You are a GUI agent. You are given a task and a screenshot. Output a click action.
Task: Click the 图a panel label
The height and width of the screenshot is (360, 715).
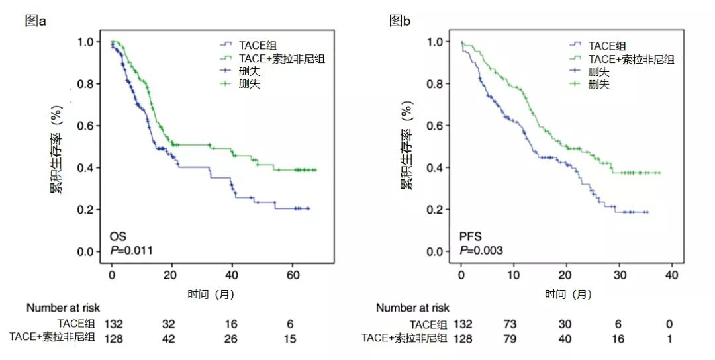(35, 21)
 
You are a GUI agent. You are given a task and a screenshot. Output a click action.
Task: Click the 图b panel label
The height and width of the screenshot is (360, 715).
(399, 21)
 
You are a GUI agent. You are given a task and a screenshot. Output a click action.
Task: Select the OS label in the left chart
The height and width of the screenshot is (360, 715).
(118, 236)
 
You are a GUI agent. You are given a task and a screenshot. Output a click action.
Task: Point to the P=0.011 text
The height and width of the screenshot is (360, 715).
(132, 250)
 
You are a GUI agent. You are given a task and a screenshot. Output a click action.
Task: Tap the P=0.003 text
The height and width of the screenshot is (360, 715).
(481, 250)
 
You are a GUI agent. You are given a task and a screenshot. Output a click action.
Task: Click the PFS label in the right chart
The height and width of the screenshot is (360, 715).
(471, 236)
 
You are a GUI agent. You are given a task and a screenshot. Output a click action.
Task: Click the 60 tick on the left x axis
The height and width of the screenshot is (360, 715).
(293, 274)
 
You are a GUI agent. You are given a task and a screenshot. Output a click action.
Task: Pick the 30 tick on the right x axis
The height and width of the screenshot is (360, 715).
(619, 274)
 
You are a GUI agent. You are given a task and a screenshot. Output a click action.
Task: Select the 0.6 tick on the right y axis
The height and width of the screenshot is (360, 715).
(436, 126)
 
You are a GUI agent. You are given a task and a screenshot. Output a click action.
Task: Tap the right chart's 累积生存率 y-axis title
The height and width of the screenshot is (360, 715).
(406, 146)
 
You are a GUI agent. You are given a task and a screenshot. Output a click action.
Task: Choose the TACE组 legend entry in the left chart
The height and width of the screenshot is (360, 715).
(259, 46)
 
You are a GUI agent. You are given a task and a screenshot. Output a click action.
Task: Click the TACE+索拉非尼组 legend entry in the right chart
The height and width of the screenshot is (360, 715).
(631, 59)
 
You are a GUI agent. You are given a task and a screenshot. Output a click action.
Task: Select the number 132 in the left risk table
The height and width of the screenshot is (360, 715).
(113, 324)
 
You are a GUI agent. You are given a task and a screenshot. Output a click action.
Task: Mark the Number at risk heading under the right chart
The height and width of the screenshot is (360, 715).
(412, 308)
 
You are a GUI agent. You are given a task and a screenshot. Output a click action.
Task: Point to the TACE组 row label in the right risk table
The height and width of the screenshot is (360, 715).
(428, 324)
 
